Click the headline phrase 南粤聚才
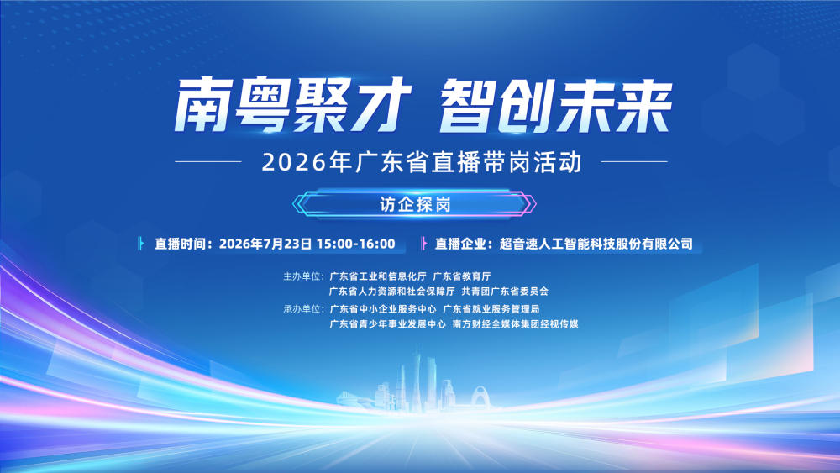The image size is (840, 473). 292,106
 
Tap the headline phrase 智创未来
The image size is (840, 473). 555,106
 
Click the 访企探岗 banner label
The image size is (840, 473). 415,204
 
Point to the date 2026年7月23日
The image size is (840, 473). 265,244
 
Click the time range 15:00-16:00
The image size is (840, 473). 355,244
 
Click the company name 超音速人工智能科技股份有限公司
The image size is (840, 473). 596,244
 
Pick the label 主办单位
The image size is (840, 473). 302,276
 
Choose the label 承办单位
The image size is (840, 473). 302,309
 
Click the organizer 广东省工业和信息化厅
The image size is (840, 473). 378,276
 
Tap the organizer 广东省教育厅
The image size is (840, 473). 462,276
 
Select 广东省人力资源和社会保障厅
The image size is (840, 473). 392,292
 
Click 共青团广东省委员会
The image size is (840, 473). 505,292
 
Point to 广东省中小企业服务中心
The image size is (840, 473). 383,309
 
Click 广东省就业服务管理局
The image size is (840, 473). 491,309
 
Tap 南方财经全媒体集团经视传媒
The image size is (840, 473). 516,324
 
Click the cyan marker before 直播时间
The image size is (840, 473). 141,244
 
